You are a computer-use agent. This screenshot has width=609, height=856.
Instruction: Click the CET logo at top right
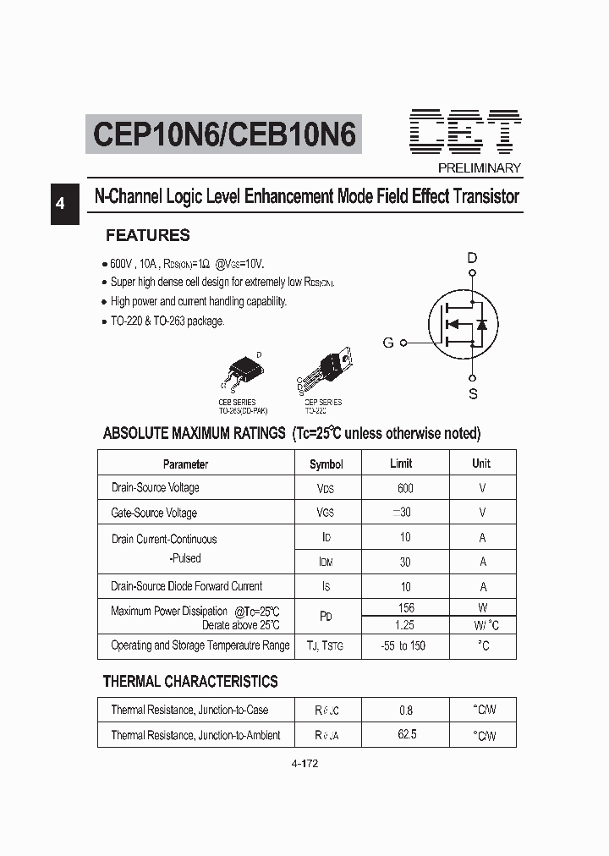coord(467,131)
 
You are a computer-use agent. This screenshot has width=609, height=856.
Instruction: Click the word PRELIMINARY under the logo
coord(479,167)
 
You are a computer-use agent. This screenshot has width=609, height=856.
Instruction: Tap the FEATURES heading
coord(147,235)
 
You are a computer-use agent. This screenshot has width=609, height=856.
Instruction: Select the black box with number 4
coord(60,204)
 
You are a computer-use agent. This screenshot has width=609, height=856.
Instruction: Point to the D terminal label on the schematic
coord(472,258)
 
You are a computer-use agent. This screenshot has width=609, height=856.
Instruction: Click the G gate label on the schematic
coord(388,343)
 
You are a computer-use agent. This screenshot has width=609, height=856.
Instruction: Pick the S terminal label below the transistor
coord(473,393)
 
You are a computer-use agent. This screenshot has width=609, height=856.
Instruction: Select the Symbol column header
coord(326,464)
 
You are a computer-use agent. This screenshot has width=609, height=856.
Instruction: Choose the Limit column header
coord(401,464)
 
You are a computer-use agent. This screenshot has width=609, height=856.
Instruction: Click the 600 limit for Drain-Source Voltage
coord(405,488)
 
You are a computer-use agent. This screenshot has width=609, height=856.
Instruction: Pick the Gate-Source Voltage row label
coord(154,513)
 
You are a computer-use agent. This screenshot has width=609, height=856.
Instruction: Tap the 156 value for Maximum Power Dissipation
coord(406,607)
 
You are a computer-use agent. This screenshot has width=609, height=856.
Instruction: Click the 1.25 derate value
coord(406,625)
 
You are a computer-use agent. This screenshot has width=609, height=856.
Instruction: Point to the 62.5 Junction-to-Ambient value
coord(406,735)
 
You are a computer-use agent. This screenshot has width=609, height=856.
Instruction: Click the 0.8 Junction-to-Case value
coord(406,711)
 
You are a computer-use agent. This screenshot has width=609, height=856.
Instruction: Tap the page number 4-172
coord(304,764)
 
